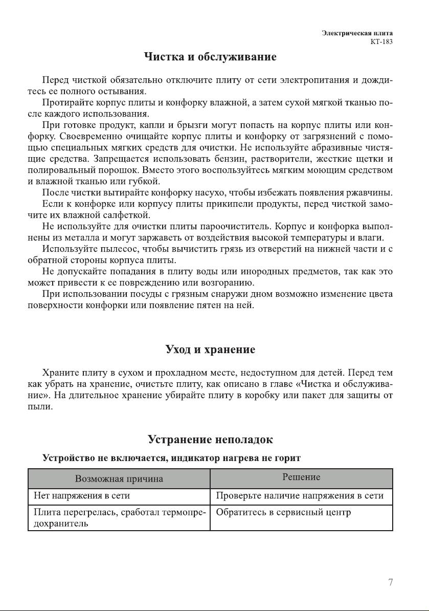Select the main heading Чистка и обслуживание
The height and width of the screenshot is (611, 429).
click(x=210, y=57)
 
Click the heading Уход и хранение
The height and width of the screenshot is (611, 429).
click(x=210, y=350)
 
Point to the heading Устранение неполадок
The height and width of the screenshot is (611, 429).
click(x=210, y=440)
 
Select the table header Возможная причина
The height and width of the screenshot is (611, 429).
click(x=119, y=479)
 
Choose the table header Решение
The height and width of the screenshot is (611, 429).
click(x=301, y=477)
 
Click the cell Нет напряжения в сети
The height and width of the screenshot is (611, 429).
click(x=82, y=496)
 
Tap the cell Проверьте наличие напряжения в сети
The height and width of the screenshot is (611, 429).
click(x=300, y=496)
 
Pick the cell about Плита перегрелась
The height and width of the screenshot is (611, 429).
click(x=119, y=518)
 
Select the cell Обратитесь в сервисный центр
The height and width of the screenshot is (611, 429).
click(x=283, y=513)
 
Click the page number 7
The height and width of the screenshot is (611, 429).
click(x=391, y=582)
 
